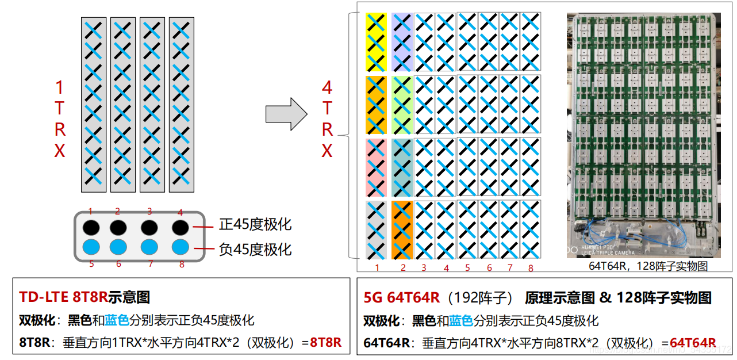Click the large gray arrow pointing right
(286, 114)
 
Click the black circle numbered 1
(90, 227)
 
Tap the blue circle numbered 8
(181, 248)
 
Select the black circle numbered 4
(181, 227)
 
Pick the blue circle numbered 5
(90, 248)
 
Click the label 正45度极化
(255, 224)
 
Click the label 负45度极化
(255, 249)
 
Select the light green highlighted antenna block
(402, 105)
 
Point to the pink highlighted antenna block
(376, 167)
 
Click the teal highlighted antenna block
(402, 167)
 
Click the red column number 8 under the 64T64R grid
(530, 268)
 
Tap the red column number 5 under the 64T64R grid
(467, 268)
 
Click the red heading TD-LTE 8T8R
(63, 297)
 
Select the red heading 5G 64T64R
(401, 297)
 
